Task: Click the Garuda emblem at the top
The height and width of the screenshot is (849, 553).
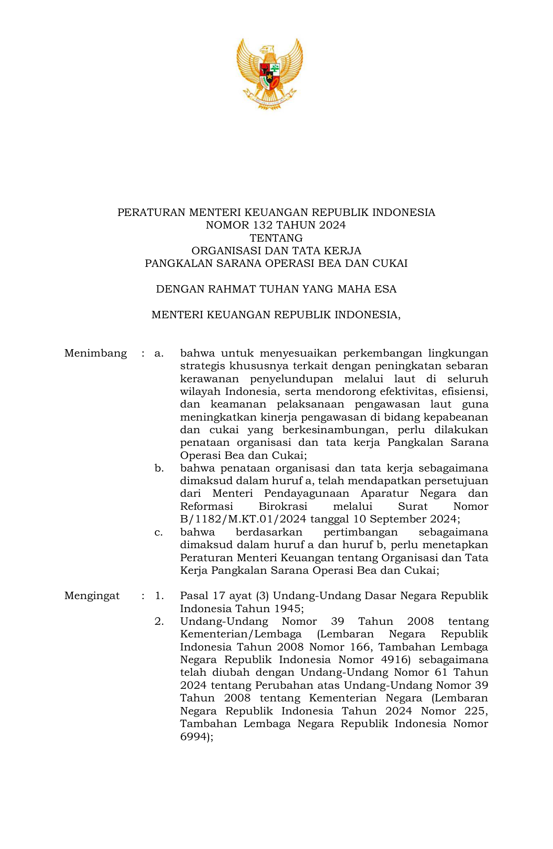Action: (270, 73)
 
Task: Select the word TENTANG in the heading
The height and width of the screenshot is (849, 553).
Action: (276, 238)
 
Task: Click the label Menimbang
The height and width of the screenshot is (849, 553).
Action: (95, 353)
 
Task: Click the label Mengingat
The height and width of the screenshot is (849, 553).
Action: (92, 596)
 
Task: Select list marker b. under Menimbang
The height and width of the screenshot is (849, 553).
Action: (159, 468)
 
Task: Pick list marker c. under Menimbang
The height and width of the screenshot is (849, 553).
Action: (158, 532)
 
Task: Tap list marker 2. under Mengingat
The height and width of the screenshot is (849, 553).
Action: (159, 621)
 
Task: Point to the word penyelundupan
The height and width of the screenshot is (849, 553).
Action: (291, 379)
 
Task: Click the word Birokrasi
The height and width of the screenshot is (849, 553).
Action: (283, 506)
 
